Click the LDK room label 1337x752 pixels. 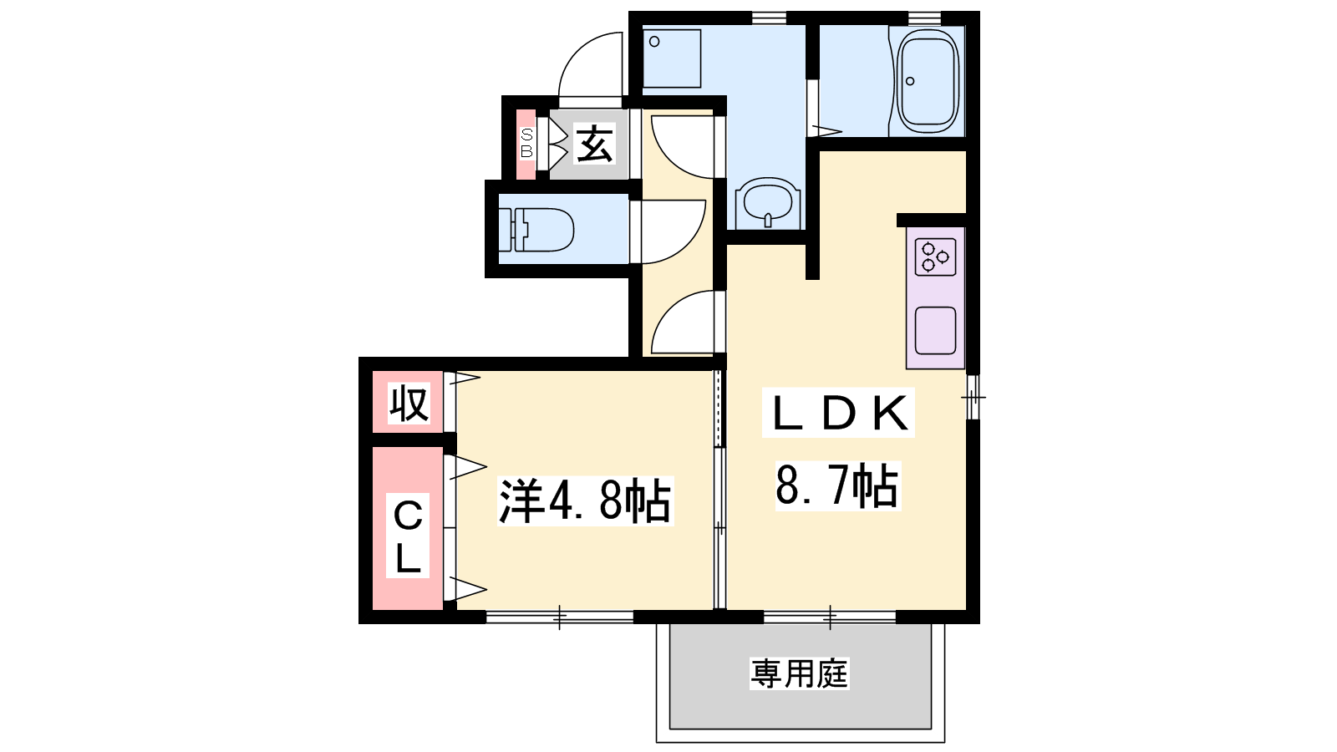839,413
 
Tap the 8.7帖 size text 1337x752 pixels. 837,485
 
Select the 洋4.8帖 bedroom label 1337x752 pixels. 585,500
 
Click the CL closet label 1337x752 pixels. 408,535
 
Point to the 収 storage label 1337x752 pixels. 409,404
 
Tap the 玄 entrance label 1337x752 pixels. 594,144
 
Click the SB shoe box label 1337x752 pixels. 526,144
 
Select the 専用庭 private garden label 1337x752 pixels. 799,673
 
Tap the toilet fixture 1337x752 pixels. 536,230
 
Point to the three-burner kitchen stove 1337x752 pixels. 935,257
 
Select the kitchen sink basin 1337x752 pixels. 935,330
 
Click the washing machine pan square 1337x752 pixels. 672,58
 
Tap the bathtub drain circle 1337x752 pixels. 910,81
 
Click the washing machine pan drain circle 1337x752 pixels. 655,42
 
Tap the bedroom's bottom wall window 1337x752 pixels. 559,617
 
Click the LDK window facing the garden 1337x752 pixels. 830,617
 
